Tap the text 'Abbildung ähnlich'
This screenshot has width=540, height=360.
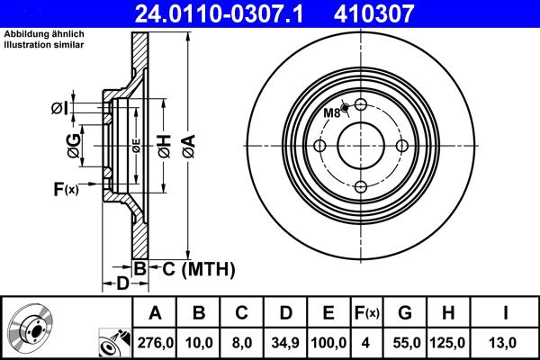pos(44,34)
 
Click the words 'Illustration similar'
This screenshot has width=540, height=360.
pos(45,46)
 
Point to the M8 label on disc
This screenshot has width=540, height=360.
pos(332,112)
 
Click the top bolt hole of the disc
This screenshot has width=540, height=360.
pos(360,105)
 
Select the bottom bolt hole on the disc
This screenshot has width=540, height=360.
pos(360,186)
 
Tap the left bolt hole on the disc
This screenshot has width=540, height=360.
pos(319,146)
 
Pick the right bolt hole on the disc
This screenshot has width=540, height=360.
pos(400,146)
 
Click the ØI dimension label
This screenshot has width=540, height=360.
pos(58,109)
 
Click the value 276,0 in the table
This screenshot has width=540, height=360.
pos(155,343)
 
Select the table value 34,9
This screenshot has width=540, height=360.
pos(285,343)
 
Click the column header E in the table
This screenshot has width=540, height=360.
pos(328,312)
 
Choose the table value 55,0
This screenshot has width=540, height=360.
pos(405,343)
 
